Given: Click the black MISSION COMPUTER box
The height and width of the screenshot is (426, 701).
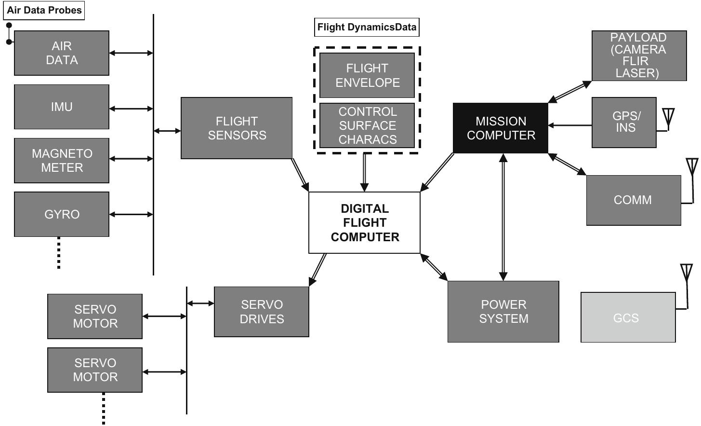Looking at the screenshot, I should (x=500, y=128).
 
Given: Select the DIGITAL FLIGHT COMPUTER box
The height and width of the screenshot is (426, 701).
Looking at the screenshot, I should (x=364, y=222).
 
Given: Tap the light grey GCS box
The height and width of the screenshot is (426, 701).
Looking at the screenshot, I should (x=628, y=317).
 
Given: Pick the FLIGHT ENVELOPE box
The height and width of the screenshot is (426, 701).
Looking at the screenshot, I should (x=367, y=75).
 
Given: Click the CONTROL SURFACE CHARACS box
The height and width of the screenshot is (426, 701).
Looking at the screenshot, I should (x=367, y=125).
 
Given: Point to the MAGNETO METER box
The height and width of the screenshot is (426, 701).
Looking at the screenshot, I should (x=62, y=161).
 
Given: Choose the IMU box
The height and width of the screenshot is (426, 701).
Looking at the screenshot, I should (x=62, y=107).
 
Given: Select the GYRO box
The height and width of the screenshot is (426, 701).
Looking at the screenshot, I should (x=62, y=214).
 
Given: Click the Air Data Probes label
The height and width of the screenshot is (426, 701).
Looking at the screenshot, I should (x=44, y=10).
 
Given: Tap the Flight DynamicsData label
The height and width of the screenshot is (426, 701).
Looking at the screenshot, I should (x=367, y=27).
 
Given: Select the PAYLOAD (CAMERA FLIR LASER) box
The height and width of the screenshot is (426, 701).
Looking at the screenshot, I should (x=639, y=55).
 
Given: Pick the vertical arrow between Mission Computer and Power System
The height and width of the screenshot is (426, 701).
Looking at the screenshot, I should (x=503, y=217).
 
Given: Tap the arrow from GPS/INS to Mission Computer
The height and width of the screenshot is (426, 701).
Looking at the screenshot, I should (x=570, y=125).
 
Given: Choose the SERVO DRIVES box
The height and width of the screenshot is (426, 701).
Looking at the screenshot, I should (x=261, y=312).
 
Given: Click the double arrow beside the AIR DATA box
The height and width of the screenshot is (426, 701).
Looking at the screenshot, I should (x=131, y=53).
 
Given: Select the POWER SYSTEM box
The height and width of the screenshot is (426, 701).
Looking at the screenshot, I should (x=503, y=312).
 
